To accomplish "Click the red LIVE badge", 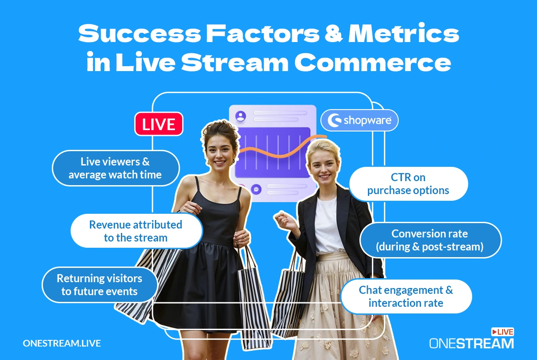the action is click(x=159, y=124).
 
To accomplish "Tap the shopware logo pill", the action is click(x=359, y=120).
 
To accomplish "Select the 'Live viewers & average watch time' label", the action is click(x=115, y=168).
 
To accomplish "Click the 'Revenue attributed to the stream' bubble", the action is click(x=136, y=231).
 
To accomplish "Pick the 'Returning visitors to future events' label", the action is click(x=99, y=285).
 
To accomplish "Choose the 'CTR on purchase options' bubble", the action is click(x=408, y=184).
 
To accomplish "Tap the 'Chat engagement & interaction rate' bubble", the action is click(x=406, y=296).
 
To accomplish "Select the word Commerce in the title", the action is click(x=372, y=62).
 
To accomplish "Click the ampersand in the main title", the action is click(x=333, y=33).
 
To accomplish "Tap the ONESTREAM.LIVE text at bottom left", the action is click(x=62, y=343).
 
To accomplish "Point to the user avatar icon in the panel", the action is click(x=241, y=116).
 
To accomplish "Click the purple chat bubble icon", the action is click(x=256, y=190).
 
